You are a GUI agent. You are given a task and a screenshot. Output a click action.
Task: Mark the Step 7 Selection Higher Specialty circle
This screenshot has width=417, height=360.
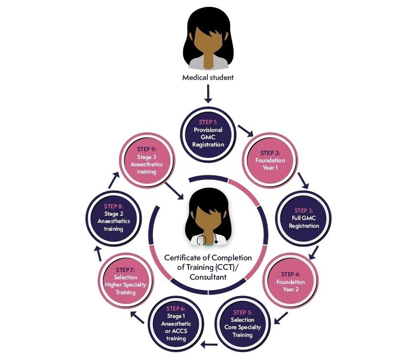[x=125, y=281]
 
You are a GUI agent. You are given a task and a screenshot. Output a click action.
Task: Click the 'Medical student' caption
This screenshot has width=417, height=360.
[x=208, y=77]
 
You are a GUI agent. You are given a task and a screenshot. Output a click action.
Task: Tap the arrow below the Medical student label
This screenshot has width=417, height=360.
[x=208, y=94]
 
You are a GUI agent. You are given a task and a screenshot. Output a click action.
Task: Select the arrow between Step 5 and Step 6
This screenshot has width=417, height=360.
[x=209, y=344]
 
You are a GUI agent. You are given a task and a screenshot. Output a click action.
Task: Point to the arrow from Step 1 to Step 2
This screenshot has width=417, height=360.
[x=245, y=130]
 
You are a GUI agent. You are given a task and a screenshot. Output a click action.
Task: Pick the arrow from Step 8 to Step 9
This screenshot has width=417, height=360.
[x=114, y=180]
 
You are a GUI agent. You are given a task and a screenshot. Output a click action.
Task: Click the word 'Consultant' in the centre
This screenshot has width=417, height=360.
[x=208, y=278]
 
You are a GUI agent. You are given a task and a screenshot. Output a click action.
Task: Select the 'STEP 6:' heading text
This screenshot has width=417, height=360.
[x=176, y=309]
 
